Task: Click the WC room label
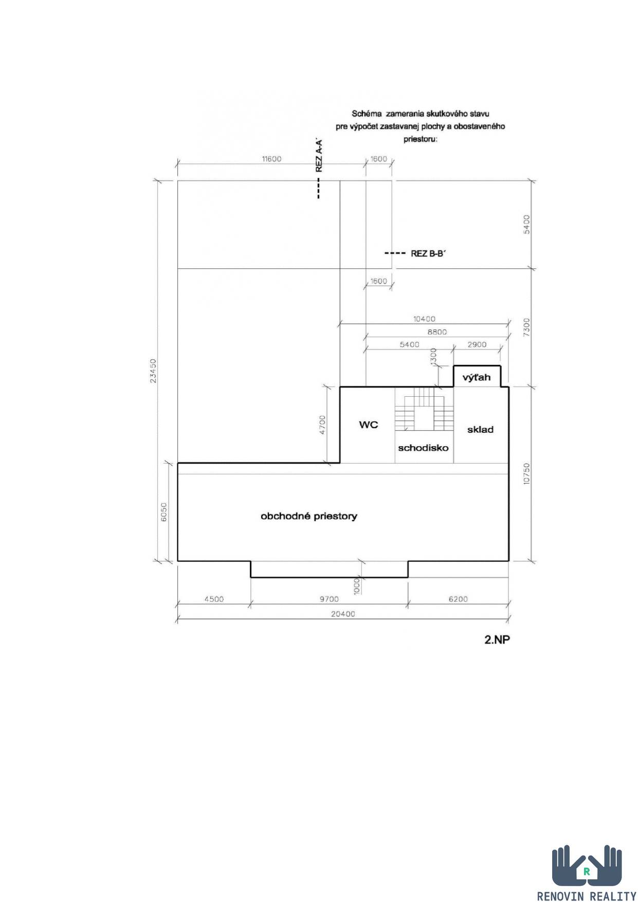pos(369,425)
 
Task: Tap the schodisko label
pos(423,448)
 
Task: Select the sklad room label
pos(480,430)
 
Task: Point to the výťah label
pos(477,377)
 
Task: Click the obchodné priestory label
pos(309,516)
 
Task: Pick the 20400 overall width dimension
pos(343,614)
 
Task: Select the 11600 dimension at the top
pos(271,159)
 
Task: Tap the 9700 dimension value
pos(329,599)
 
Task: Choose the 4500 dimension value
pos(214,599)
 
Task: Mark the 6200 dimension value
pos(458,599)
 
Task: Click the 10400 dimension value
pos(424,319)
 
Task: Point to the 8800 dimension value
pos(438,332)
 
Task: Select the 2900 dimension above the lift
pos(477,344)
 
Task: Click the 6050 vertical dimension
pos(164,511)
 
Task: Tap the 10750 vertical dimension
pos(526,473)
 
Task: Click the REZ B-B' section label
pos(427,253)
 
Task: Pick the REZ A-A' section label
pos(319,155)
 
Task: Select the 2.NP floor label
pos(497,640)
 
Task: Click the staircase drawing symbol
pos(424,409)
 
